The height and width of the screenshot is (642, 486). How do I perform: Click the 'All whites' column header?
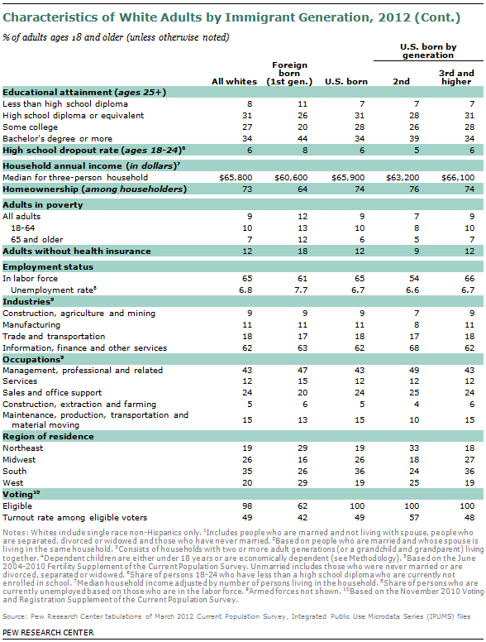click(234, 81)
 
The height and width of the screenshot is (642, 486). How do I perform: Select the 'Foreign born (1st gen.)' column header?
click(289, 74)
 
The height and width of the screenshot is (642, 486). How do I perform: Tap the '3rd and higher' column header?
click(456, 78)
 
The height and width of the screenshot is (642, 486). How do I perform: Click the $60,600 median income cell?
click(291, 178)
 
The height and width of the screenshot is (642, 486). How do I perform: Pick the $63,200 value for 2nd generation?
click(403, 178)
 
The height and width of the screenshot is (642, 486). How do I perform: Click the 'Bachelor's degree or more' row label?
click(57, 138)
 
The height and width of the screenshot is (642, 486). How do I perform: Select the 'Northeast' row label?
click(22, 448)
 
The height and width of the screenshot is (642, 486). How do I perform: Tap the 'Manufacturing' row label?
click(31, 325)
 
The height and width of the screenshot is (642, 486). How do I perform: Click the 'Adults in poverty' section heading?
click(42, 204)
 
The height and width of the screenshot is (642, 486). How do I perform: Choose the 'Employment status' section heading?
click(48, 267)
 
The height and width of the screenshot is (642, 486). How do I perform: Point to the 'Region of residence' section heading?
click(48, 437)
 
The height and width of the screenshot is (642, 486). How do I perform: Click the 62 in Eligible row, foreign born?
click(303, 506)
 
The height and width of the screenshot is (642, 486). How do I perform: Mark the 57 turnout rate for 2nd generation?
click(414, 518)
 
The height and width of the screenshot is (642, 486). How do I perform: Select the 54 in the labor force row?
click(414, 279)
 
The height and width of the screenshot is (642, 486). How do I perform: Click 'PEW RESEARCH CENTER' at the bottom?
click(48, 633)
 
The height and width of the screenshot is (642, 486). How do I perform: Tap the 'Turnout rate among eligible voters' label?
click(75, 518)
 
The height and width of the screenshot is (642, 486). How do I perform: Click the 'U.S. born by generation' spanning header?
click(428, 51)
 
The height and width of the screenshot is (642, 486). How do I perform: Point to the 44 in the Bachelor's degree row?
click(303, 138)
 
